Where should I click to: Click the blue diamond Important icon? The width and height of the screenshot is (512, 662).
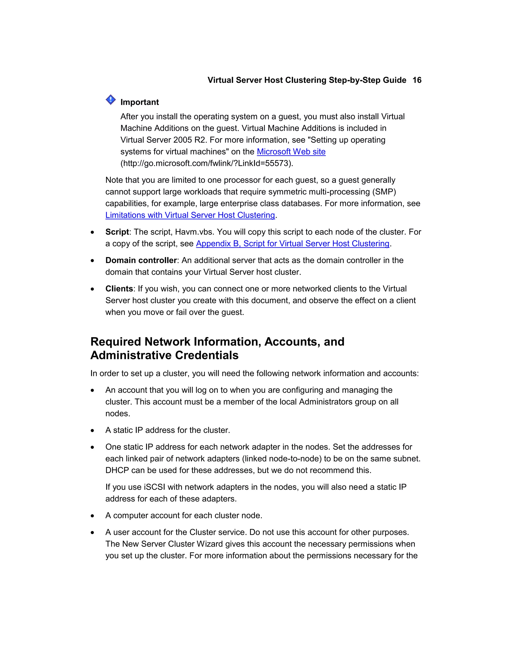click(x=111, y=100)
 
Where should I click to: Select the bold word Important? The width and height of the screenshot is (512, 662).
click(x=139, y=102)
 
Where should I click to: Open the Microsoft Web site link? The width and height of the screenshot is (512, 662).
click(x=291, y=152)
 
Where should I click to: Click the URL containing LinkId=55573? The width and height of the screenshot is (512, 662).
click(x=207, y=163)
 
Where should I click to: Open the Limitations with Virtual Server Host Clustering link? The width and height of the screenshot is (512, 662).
click(x=190, y=215)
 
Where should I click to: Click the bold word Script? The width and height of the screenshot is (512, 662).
click(x=117, y=232)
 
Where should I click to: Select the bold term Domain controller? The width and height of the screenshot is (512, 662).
click(x=141, y=260)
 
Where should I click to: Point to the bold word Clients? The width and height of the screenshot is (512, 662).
click(x=119, y=289)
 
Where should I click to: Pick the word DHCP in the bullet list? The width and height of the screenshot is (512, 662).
click(x=117, y=470)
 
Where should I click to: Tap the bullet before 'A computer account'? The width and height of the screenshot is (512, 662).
click(x=92, y=516)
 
